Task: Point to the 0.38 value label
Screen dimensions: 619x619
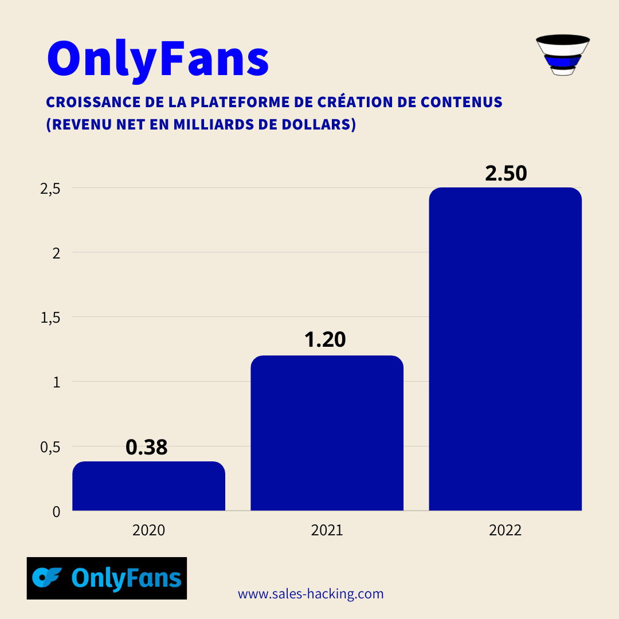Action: (x=146, y=448)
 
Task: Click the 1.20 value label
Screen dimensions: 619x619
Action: (x=325, y=340)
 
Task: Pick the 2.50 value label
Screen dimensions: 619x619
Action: (x=506, y=173)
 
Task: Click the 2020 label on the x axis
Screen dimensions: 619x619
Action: (x=148, y=530)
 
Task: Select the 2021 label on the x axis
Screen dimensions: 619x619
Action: (x=327, y=530)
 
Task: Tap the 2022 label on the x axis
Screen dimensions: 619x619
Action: (x=505, y=530)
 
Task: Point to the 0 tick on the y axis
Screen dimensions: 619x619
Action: (x=56, y=511)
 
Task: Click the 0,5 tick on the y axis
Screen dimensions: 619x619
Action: (x=50, y=447)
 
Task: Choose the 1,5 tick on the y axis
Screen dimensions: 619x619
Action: (x=50, y=318)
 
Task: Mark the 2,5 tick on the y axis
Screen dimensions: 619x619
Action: (x=50, y=189)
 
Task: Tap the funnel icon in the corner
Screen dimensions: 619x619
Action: (x=562, y=55)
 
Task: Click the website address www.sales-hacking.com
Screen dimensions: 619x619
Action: (x=311, y=594)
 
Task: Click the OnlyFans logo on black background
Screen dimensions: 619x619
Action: (x=107, y=578)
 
